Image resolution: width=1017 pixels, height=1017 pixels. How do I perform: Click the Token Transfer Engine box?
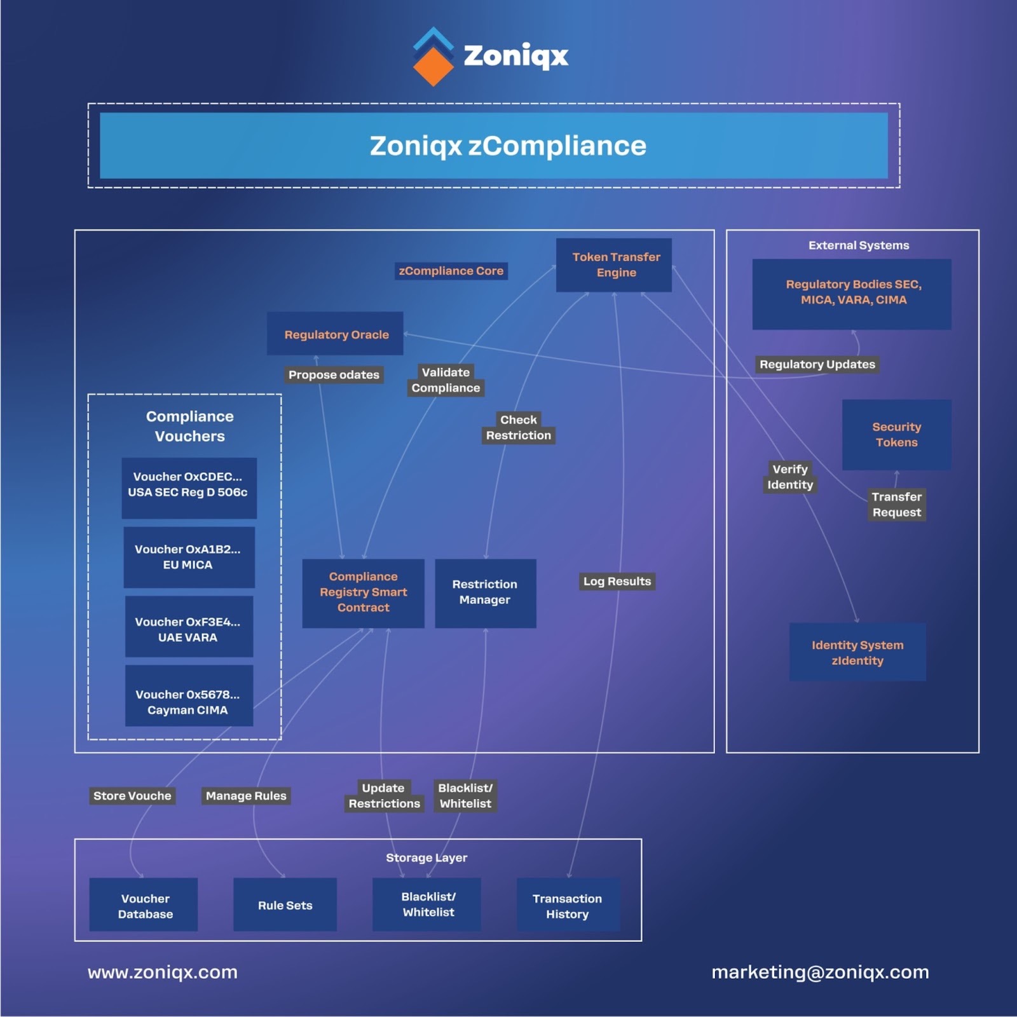coord(613,265)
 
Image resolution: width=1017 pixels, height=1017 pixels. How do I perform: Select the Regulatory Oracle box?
coord(335,334)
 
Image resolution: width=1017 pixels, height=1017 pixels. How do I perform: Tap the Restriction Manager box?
coord(485,593)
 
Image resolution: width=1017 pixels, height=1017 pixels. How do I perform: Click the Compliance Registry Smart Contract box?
coord(363,593)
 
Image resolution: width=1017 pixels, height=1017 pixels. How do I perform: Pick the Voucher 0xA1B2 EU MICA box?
coord(189,557)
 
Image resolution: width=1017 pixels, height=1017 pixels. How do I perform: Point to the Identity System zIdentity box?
coord(857,653)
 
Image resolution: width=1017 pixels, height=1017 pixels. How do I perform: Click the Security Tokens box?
coord(896,435)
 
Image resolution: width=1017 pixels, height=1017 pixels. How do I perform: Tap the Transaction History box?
coord(568,905)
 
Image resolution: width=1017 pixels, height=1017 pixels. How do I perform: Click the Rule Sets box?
coord(285,905)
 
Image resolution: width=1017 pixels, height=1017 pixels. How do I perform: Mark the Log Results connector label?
coord(617,582)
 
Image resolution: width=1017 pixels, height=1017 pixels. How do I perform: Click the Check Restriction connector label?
coord(518,428)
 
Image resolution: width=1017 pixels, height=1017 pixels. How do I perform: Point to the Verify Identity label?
coord(789,477)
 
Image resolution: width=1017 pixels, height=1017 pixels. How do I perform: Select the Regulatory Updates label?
coord(817,365)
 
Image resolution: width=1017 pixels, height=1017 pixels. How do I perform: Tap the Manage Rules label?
coord(246,796)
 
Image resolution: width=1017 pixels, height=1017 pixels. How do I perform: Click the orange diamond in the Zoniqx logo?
coord(433,67)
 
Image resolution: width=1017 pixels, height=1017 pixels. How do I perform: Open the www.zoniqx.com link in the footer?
coord(163,972)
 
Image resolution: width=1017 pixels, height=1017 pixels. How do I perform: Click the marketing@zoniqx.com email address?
coord(820,972)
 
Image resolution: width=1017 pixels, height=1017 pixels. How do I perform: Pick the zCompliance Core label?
coord(451,271)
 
